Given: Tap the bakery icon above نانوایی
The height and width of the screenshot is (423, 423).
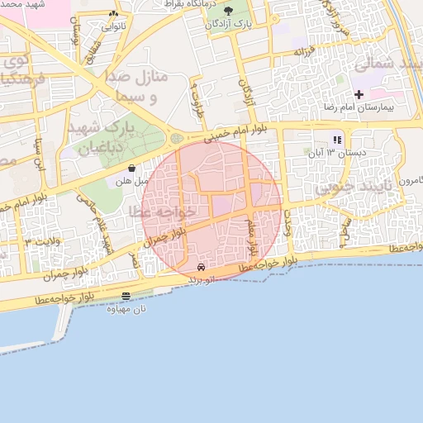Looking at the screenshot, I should [x=113, y=14].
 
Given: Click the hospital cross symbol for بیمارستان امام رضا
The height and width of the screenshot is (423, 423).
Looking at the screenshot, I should [x=358, y=95].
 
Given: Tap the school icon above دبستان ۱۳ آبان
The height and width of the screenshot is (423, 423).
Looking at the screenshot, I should [x=336, y=139].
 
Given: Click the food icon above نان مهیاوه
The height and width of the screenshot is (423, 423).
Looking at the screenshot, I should [x=126, y=296].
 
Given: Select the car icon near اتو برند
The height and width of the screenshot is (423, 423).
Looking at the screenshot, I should [x=202, y=268].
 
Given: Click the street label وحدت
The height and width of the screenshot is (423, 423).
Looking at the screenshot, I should [x=288, y=223].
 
